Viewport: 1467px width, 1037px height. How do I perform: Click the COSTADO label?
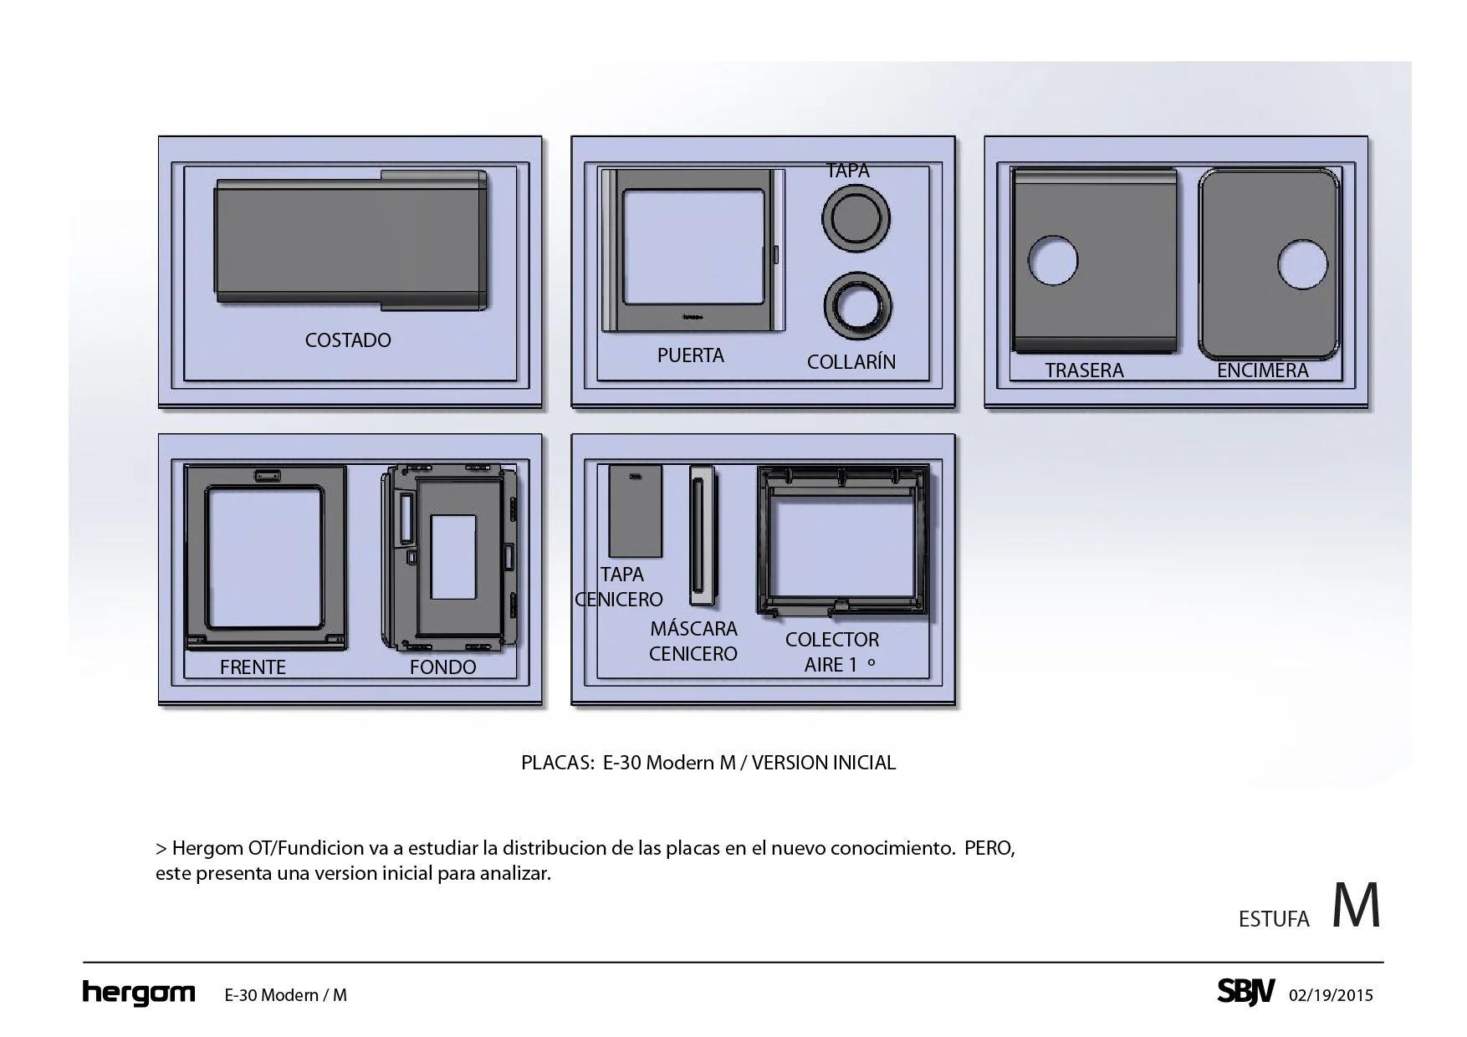click(348, 340)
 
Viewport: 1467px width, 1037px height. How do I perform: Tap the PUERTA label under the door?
click(691, 355)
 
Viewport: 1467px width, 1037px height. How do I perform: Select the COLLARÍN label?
click(851, 362)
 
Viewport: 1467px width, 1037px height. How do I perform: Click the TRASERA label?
click(1084, 370)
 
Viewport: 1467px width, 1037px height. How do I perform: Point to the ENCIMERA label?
click(1262, 370)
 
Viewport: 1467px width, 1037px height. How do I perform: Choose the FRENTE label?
click(253, 667)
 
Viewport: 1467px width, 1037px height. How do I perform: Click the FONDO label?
click(442, 667)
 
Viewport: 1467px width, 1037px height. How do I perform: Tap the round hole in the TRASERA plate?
click(1052, 260)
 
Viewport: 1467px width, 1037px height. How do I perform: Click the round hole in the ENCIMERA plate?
click(1302, 264)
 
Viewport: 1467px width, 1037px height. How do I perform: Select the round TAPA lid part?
click(856, 217)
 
